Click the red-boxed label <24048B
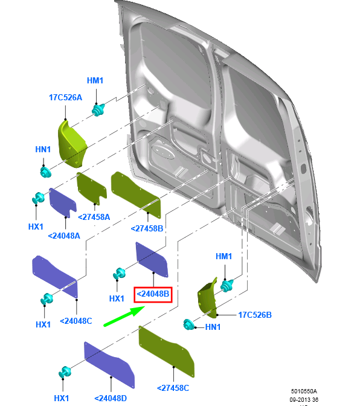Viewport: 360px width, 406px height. coord(153,294)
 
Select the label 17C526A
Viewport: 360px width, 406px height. coord(65,97)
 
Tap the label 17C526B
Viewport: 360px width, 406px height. coord(254,315)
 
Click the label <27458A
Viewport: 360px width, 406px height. coord(94,216)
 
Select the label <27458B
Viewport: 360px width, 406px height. coord(147,228)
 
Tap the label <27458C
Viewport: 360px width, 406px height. coord(173,388)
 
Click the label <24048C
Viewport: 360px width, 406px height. coord(76,320)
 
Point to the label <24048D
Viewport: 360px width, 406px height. coord(111,398)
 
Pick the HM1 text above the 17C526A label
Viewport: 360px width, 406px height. coord(95,81)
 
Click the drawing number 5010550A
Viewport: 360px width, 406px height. coord(303,391)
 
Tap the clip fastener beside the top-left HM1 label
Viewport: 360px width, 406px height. coord(98,109)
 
